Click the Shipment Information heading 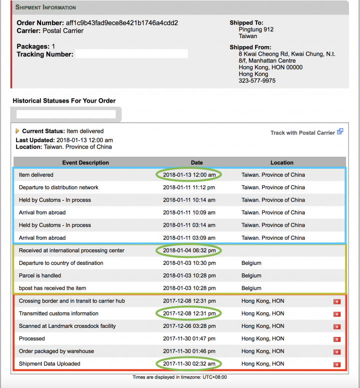(x=45, y=8)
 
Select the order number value (x=121, y=23)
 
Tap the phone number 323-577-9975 (x=257, y=81)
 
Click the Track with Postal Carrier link (x=302, y=133)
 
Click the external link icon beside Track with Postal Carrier (x=340, y=132)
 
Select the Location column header (x=282, y=163)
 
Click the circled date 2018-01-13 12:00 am (x=189, y=175)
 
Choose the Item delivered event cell (x=36, y=175)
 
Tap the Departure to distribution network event (x=58, y=187)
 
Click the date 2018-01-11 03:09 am (x=189, y=238)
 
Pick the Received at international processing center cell (x=71, y=250)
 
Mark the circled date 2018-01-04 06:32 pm (x=189, y=250)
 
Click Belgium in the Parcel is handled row (x=251, y=275)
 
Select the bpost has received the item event (x=52, y=288)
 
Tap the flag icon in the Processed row (x=337, y=339)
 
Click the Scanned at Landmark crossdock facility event (x=67, y=326)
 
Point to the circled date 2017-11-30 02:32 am (x=189, y=364)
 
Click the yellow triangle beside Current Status (x=17, y=131)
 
